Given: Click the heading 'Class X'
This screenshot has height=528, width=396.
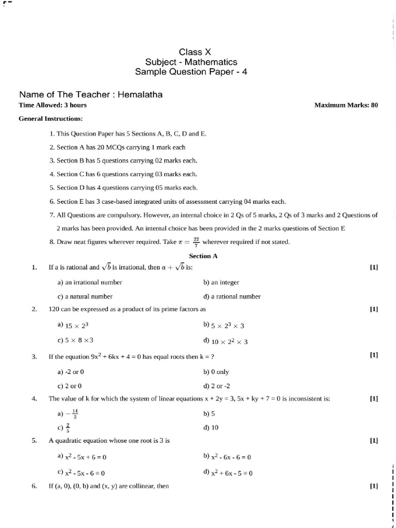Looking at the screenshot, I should point(195,52).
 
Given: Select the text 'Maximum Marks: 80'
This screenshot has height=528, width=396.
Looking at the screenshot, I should point(346,105).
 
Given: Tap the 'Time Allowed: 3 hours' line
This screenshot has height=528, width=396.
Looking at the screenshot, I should point(53,105).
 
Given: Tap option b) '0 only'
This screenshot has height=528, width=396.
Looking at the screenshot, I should point(217,372).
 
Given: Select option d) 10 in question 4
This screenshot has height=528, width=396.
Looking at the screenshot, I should point(211,427).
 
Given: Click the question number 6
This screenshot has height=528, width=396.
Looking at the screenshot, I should point(34,486).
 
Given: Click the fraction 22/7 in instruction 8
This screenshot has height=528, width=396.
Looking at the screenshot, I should point(195,242).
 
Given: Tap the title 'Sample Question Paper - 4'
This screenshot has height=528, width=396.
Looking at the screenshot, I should point(191,72).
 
